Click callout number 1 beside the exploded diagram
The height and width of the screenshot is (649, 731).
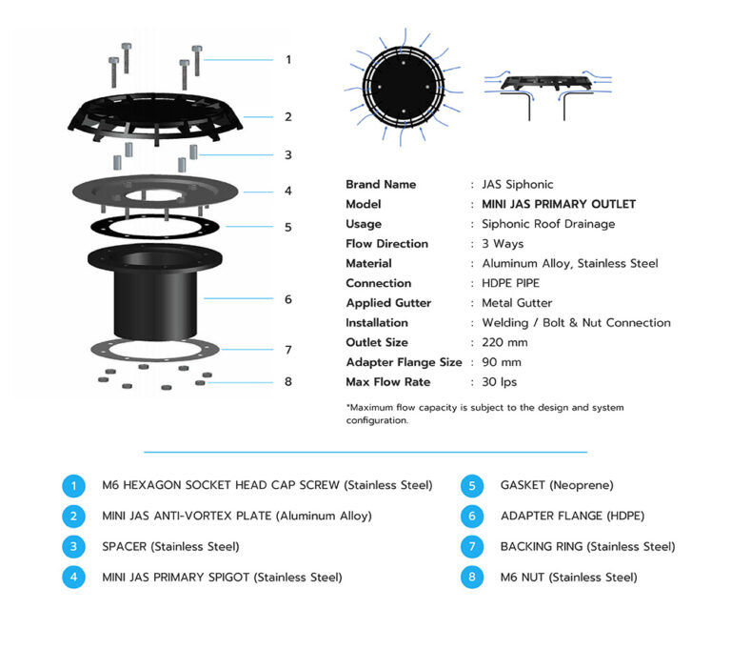click(287, 59)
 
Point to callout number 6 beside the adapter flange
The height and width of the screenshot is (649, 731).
click(287, 299)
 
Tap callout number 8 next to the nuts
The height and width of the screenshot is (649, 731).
click(287, 382)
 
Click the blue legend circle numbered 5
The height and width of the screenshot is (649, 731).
click(473, 485)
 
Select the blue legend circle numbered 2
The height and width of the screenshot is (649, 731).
click(74, 516)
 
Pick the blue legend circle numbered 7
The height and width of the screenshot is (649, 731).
click(473, 546)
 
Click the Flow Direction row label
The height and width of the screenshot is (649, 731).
click(386, 244)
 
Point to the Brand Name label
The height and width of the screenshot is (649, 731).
click(381, 184)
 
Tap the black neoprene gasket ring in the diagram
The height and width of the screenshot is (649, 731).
click(154, 228)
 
